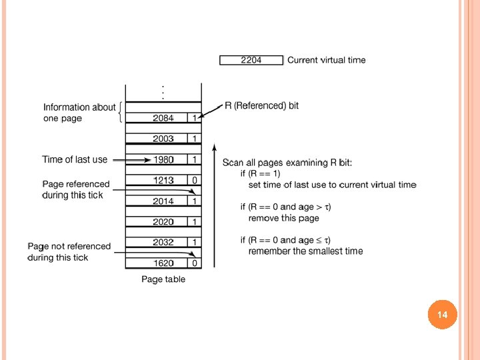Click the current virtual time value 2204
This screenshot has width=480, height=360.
click(x=251, y=60)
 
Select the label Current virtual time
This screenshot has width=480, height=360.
click(x=326, y=60)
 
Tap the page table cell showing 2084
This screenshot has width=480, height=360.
click(x=163, y=118)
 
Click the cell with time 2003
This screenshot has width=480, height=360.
click(x=163, y=139)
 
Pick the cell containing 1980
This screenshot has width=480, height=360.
click(x=163, y=159)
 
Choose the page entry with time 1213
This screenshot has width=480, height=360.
click(x=163, y=180)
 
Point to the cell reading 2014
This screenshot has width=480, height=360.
click(x=163, y=201)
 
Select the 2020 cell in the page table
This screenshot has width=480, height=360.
click(x=163, y=221)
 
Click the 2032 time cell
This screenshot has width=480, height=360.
click(x=163, y=242)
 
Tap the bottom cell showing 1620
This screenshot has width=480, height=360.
click(x=163, y=263)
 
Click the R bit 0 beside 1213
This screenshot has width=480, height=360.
click(x=194, y=180)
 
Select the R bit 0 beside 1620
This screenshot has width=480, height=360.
click(x=194, y=263)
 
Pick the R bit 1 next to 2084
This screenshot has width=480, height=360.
click(x=194, y=118)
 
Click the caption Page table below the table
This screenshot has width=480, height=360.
click(x=163, y=279)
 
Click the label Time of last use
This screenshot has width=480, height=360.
click(x=75, y=159)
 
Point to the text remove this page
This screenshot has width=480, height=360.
click(x=283, y=218)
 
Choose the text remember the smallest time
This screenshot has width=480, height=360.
click(x=305, y=251)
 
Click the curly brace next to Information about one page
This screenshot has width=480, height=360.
click(x=119, y=113)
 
